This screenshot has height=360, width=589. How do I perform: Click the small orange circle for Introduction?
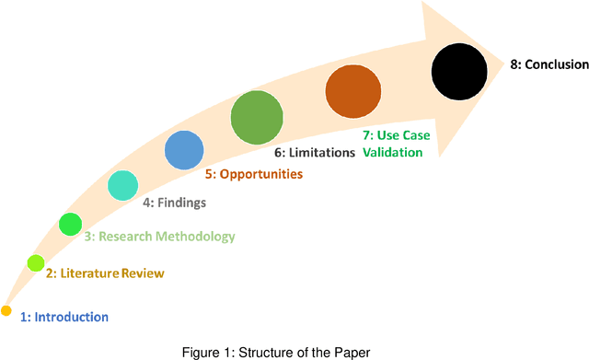pos(6,309)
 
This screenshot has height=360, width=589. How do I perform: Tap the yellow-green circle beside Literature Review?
pos(36,263)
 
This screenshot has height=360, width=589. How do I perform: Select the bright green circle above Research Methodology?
pos(70,223)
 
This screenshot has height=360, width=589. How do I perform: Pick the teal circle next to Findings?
pos(122,185)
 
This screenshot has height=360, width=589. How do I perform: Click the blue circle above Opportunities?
pos(184,148)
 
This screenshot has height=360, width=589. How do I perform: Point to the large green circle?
pos(256,117)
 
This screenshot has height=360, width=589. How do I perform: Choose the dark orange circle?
pos(353,90)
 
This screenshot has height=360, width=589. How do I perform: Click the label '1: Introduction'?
pos(64,317)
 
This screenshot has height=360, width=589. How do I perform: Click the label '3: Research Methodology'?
pos(159,237)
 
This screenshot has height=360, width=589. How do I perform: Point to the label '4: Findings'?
pos(174,203)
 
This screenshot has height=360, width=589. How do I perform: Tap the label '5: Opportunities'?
pos(253,173)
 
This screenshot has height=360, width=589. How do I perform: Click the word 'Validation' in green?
pos(392,153)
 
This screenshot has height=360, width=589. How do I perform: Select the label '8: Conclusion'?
pos(549,64)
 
